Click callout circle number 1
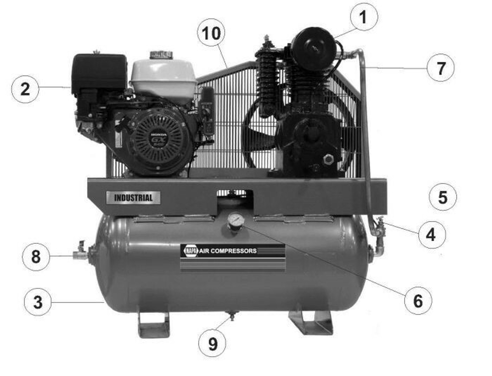(x=364, y=17)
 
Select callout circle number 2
(x=25, y=89)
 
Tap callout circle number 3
(x=38, y=302)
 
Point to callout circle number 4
(x=432, y=235)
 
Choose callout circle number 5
(x=443, y=197)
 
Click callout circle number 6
(x=418, y=301)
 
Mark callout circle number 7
(x=440, y=68)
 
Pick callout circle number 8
(x=36, y=257)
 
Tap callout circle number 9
(x=212, y=343)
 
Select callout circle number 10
(x=211, y=33)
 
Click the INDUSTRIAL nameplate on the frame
(x=133, y=198)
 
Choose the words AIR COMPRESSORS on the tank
(x=228, y=251)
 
